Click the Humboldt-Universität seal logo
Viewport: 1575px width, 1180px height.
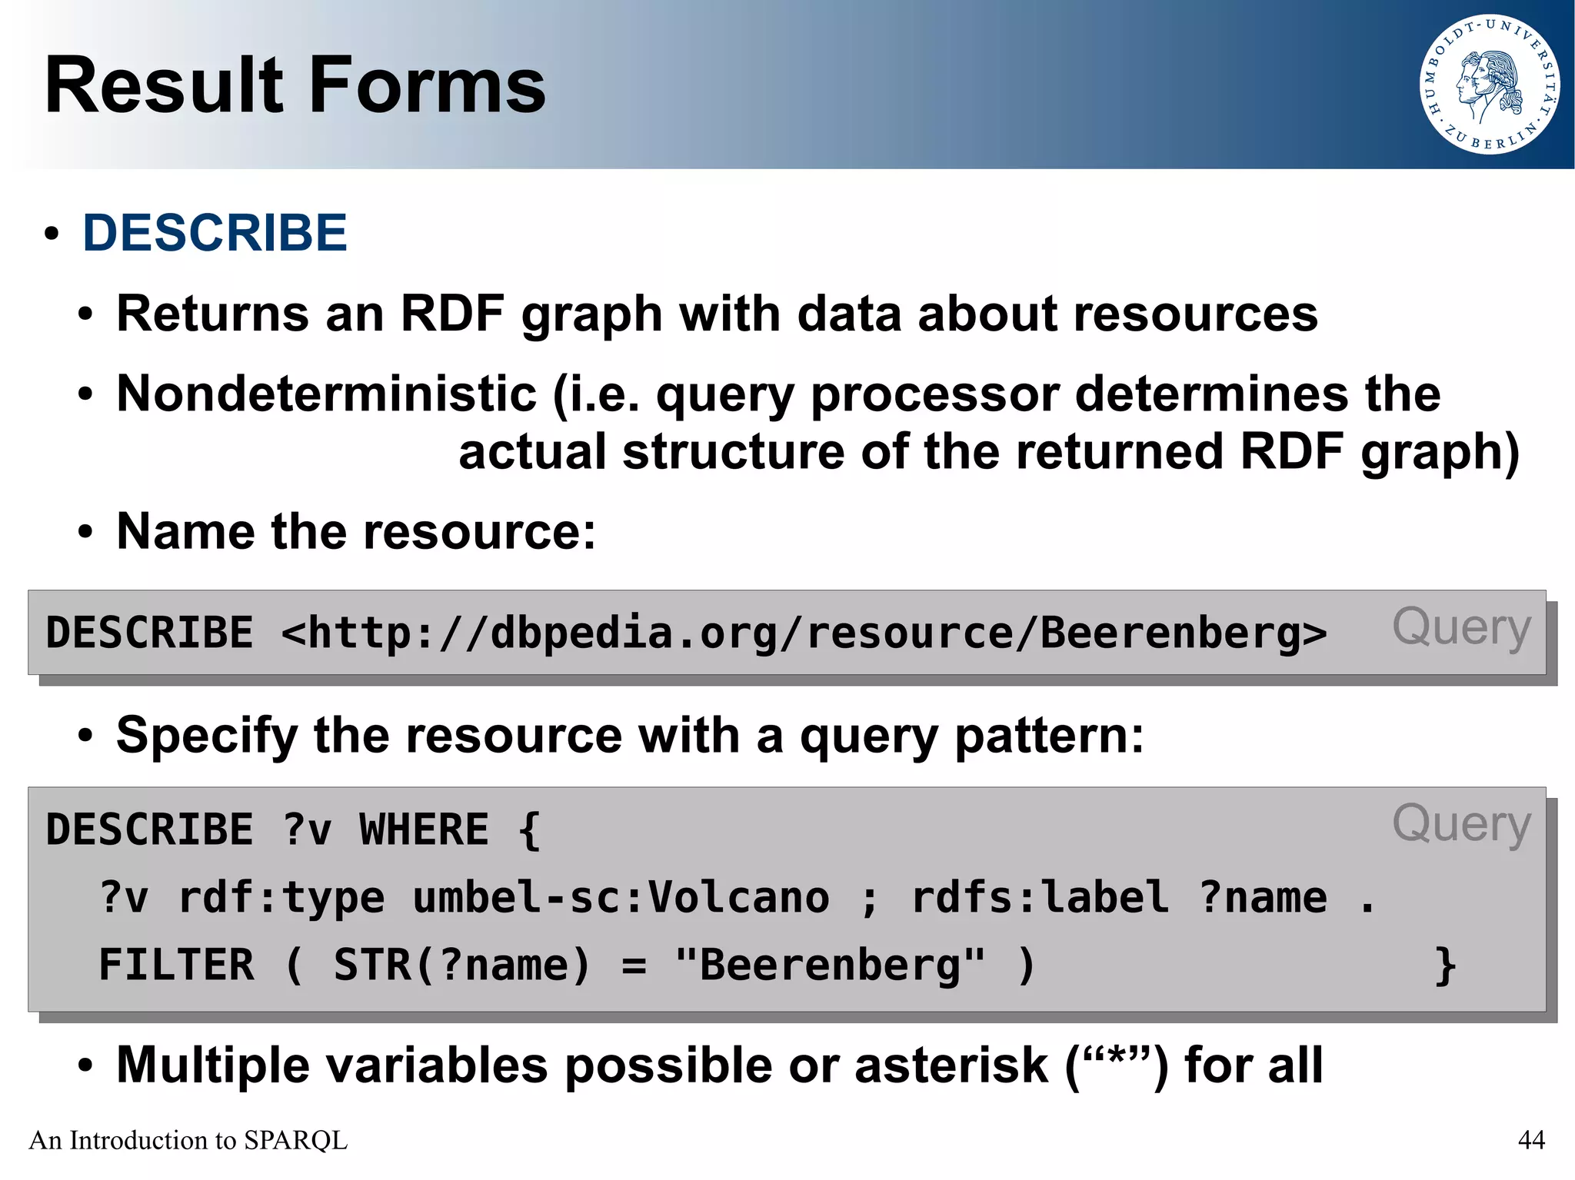tap(1490, 85)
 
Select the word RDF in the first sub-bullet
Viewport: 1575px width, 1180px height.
tap(452, 314)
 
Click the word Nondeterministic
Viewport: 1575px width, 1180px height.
tap(326, 394)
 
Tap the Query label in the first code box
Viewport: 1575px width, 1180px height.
tap(1461, 627)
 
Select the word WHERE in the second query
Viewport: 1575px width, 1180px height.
tap(424, 830)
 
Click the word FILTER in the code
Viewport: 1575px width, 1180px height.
tap(177, 965)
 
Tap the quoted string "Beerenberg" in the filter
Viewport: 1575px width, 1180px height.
tap(830, 965)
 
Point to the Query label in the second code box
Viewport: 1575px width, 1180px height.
tap(1461, 824)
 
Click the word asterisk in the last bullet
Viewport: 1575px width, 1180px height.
tap(951, 1065)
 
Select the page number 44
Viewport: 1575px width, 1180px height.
tap(1531, 1140)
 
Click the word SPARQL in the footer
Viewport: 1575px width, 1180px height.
tap(295, 1140)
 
